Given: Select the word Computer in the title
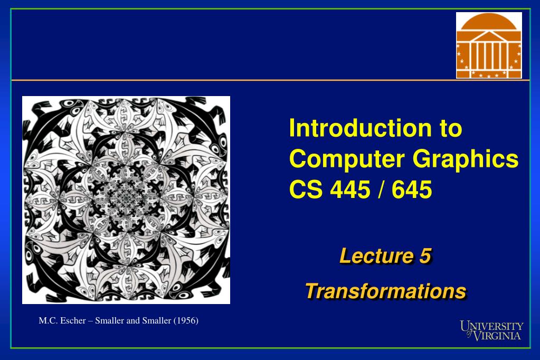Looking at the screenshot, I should click(x=338, y=159).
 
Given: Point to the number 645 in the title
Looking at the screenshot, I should click(x=411, y=190).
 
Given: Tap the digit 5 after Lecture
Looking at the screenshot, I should click(x=425, y=256).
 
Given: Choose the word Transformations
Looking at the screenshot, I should click(x=386, y=291).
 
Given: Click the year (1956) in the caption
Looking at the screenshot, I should click(x=186, y=320).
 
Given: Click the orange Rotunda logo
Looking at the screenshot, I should click(x=489, y=45).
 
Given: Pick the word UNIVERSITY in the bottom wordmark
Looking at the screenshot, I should click(x=492, y=326).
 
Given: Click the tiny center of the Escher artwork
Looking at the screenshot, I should click(x=126, y=200).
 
